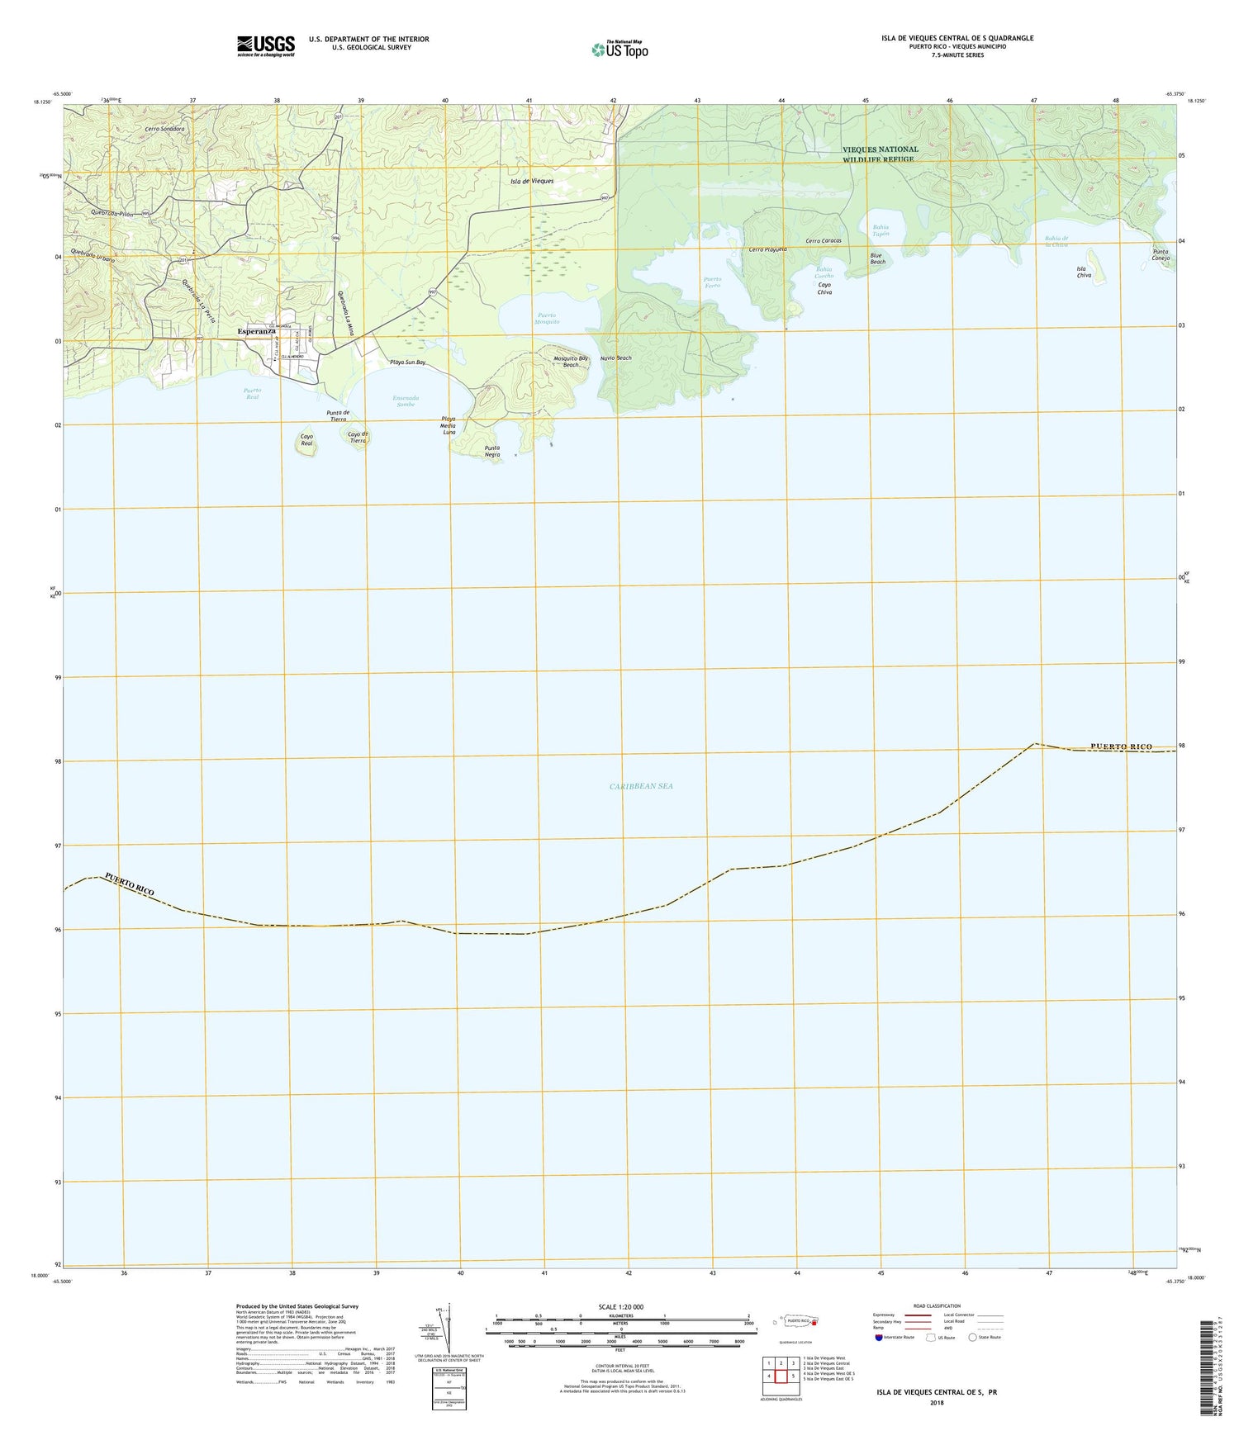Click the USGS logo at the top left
click(265, 45)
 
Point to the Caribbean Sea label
click(641, 786)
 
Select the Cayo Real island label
click(306, 440)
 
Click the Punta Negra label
click(491, 451)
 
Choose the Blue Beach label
click(876, 258)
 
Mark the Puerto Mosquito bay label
click(546, 318)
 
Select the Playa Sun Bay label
click(407, 362)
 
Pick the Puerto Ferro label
click(712, 282)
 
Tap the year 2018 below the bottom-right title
click(936, 1402)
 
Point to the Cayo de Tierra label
click(357, 438)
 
